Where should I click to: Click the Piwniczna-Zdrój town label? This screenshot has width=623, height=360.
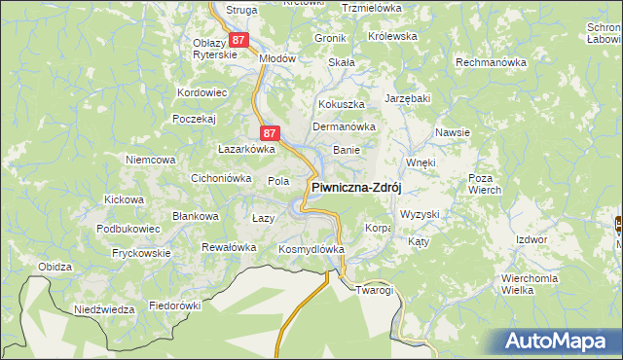(356, 188)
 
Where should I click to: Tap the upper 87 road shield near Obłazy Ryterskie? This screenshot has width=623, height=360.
(239, 40)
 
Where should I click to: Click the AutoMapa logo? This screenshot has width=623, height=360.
(561, 342)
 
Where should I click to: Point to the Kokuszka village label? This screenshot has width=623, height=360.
(341, 103)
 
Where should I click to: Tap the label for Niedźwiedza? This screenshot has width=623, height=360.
(104, 309)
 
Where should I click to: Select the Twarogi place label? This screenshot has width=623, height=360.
(374, 290)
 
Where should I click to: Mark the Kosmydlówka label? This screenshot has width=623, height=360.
(311, 249)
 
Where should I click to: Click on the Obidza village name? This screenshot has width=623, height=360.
(55, 267)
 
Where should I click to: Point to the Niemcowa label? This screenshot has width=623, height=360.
(150, 159)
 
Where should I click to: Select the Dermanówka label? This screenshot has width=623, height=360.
(343, 126)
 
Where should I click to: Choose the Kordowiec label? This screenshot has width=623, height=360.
(202, 92)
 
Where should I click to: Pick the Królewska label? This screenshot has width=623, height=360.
(392, 36)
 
